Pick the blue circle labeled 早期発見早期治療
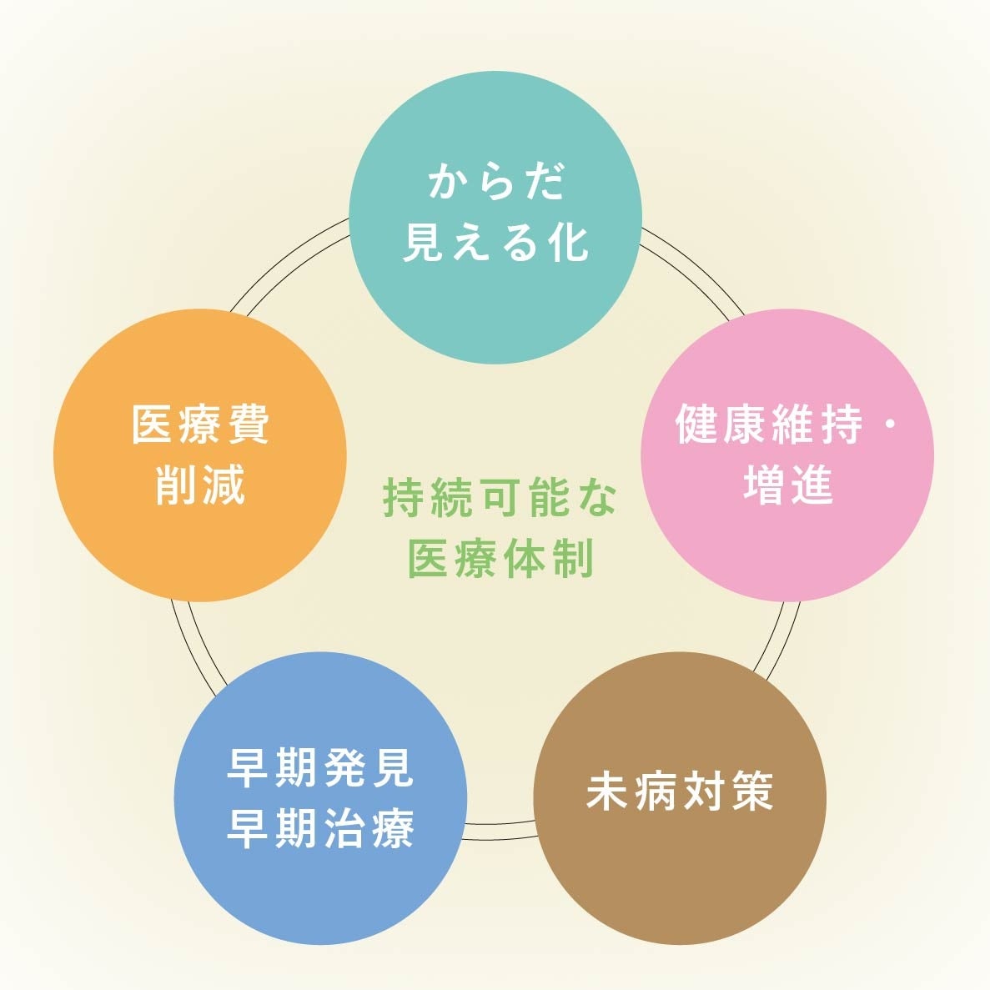click(321, 892)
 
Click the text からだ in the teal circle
click(495, 181)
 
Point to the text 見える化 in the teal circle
click(495, 243)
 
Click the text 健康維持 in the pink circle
click(767, 425)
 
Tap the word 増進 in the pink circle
click(787, 485)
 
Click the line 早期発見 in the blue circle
click(321, 768)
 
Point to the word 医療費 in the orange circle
click(200, 425)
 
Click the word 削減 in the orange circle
click(200, 485)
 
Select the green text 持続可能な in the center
click(499, 499)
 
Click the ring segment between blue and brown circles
click(499, 830)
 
